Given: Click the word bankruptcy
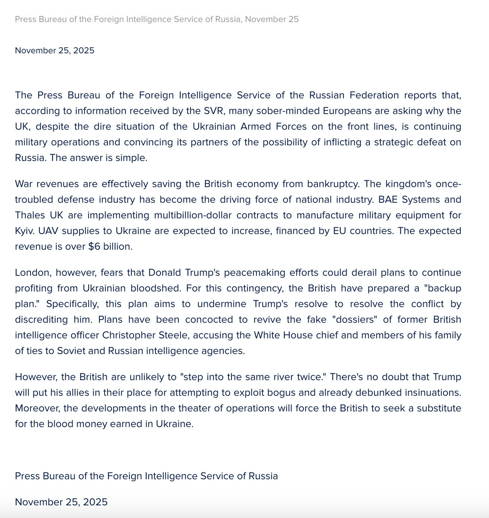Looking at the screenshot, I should [334, 184].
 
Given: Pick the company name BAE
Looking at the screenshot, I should [388, 200].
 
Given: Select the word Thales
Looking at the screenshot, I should [30, 215].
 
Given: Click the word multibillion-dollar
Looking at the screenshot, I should [193, 215].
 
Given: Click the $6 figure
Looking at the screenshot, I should [94, 247].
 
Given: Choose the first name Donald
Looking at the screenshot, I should [164, 273].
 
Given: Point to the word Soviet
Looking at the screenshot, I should [71, 351].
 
